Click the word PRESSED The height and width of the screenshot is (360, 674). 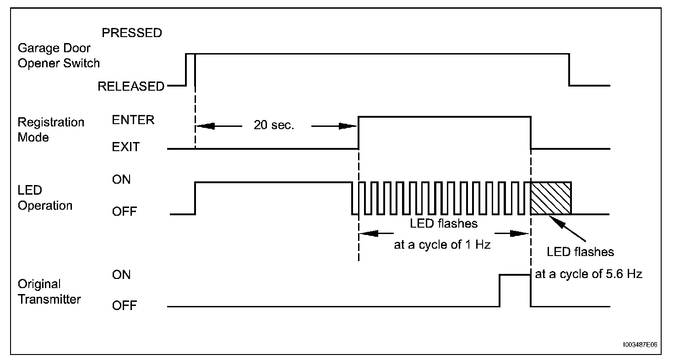tap(132, 33)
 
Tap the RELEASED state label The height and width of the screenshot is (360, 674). tap(131, 86)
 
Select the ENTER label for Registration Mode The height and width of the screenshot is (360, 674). tap(133, 120)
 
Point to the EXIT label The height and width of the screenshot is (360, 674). tap(126, 147)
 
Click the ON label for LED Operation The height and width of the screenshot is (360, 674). tap(121, 180)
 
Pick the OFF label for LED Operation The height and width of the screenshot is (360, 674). tap(125, 212)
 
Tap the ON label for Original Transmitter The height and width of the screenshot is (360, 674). tap(121, 274)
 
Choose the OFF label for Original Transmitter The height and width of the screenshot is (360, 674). tap(125, 305)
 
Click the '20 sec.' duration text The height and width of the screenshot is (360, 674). tap(274, 125)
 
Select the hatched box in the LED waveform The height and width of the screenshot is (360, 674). tap(551, 198)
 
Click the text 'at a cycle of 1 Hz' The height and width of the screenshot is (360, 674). tap(442, 245)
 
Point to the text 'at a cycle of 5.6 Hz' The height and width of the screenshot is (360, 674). tap(589, 274)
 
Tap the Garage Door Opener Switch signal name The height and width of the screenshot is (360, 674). tap(59, 55)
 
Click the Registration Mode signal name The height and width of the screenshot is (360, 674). tap(51, 130)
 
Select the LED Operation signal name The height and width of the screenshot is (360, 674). tap(45, 198)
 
